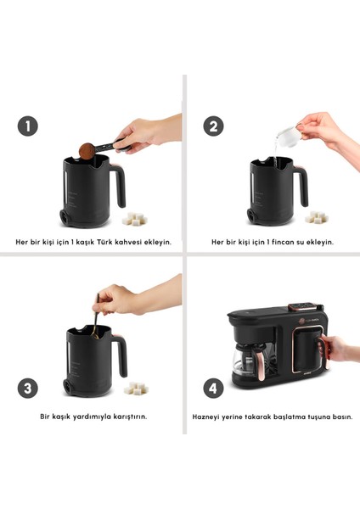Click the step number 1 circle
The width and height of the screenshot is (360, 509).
click(x=28, y=126)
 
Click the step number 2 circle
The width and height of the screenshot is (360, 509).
click(x=214, y=126)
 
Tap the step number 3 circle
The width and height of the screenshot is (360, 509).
click(x=29, y=388)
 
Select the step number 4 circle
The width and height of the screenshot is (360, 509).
click(x=214, y=388)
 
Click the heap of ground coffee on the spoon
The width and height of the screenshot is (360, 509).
click(x=85, y=151)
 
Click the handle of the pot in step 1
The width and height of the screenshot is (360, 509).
click(x=120, y=180)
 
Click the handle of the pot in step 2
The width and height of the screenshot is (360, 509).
click(x=305, y=180)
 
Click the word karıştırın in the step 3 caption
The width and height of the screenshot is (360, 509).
click(x=128, y=417)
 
